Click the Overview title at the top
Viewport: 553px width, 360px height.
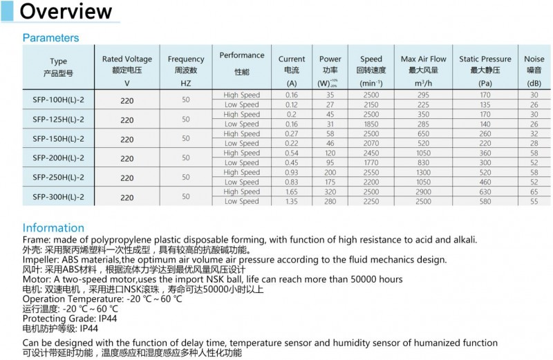66,12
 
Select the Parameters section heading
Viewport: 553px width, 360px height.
50,38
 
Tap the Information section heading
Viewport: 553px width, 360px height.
53,228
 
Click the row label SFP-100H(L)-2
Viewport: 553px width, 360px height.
58,100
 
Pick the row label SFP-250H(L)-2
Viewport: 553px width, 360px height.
58,178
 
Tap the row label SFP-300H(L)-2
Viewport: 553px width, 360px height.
58,197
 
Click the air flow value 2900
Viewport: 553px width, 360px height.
423,192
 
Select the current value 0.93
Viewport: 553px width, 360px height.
291,173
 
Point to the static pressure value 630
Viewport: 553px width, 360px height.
485,192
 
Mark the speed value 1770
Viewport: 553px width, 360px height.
371,163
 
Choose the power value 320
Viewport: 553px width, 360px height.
330,192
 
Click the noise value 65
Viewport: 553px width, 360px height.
534,192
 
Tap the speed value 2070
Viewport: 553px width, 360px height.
371,144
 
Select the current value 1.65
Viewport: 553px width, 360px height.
291,192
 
